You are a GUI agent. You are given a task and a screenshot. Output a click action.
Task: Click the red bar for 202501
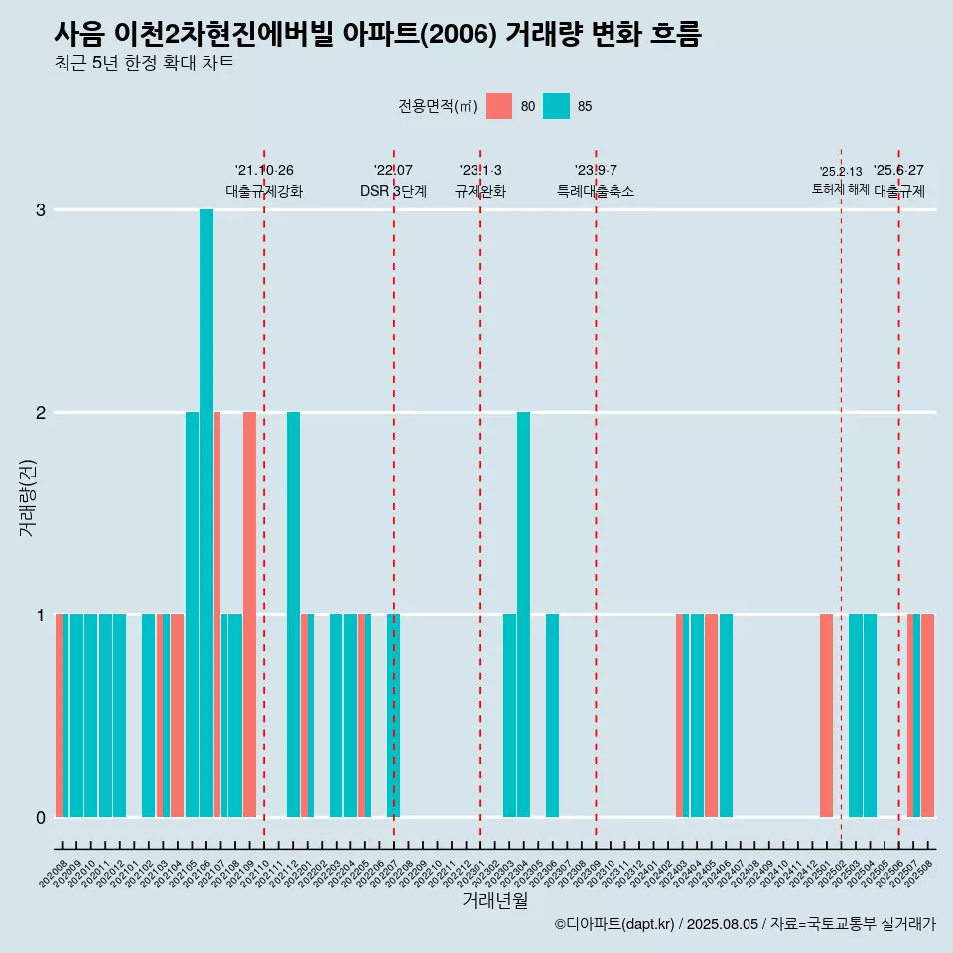[826, 715]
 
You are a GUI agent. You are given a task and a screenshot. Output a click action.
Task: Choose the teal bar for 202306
[552, 715]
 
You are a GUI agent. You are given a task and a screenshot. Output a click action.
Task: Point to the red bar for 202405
[711, 715]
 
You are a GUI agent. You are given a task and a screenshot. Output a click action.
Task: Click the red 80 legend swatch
[499, 106]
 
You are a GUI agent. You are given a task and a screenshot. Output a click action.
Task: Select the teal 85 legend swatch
[557, 106]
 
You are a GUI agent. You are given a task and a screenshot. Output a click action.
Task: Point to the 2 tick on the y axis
[41, 412]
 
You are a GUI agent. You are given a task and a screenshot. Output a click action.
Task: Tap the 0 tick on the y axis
[41, 817]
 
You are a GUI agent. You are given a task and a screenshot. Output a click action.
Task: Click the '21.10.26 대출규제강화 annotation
[264, 181]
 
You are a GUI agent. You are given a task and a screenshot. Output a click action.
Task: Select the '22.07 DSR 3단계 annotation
[394, 181]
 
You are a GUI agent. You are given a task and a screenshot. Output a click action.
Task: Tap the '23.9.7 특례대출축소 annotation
[596, 181]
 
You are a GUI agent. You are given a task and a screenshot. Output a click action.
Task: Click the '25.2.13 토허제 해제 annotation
[840, 180]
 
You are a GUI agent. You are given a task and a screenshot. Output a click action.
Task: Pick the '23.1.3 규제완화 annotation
[480, 181]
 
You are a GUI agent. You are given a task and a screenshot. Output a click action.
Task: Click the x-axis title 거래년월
[494, 900]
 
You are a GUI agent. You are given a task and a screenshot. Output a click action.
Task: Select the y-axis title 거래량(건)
[27, 497]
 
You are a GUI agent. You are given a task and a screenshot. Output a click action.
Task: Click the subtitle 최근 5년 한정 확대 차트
[144, 64]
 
